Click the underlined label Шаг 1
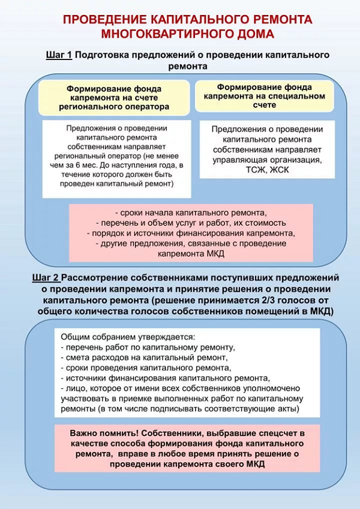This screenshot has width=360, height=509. click(x=59, y=55)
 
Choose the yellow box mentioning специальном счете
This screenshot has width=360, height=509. click(x=260, y=95)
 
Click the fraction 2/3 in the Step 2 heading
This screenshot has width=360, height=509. click(x=254, y=301)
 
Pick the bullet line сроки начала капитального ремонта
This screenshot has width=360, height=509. click(x=190, y=212)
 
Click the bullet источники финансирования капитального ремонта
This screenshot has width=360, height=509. click(x=165, y=378)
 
